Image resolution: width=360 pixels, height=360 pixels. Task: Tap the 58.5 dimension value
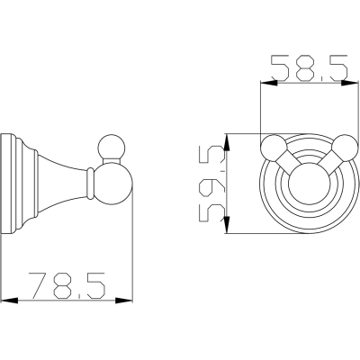click(310, 68)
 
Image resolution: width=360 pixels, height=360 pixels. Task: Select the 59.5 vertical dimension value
click(211, 184)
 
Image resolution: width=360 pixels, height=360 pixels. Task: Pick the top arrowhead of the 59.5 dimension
click(227, 142)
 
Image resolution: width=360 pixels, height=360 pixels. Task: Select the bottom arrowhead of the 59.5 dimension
click(227, 225)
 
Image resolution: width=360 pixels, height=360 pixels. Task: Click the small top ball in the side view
click(112, 148)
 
